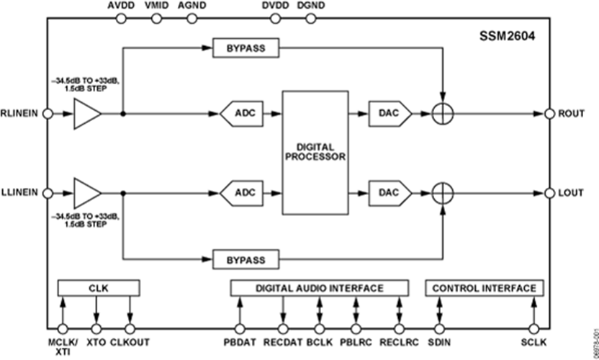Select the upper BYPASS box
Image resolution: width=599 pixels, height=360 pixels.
[x=246, y=48]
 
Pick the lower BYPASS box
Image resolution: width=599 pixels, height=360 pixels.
[x=246, y=258]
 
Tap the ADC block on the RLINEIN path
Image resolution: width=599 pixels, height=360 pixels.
[x=240, y=113]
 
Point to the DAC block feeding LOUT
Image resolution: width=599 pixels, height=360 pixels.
[x=389, y=192]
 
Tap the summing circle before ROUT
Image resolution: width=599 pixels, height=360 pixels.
[x=443, y=113]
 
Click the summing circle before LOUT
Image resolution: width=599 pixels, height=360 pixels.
[x=443, y=192]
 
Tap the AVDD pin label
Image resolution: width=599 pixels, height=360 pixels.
[x=120, y=6]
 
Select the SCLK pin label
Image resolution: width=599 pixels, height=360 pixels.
[x=533, y=342]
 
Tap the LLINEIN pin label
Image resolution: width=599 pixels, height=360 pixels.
[x=20, y=192]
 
